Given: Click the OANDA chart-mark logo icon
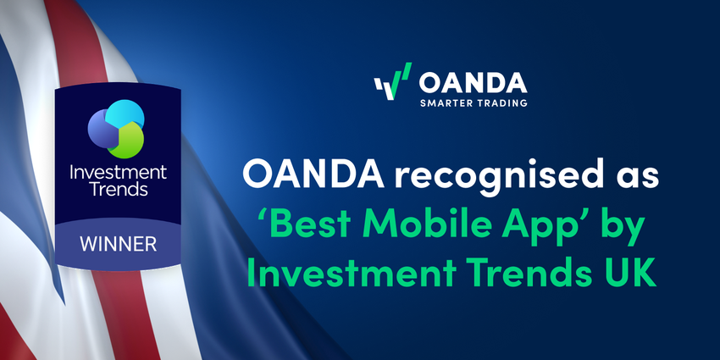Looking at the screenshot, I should [x=391, y=82].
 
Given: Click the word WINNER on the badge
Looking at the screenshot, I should [x=119, y=244].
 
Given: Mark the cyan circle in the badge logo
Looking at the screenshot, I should [x=127, y=114].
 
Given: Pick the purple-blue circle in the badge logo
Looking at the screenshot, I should [x=103, y=127].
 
